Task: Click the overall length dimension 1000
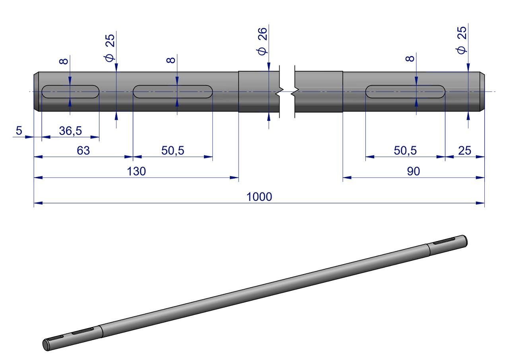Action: pos(259,197)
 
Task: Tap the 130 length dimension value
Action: pos(136,171)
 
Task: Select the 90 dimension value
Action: pos(414,171)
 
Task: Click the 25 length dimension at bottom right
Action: pos(464,151)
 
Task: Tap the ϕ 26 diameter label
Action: pos(262,40)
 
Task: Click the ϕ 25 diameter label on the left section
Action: pos(110,47)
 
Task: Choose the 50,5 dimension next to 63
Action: pos(173,151)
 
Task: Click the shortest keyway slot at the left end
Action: pos(70,91)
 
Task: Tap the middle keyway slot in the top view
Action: pos(173,91)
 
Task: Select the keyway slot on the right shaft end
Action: pos(405,91)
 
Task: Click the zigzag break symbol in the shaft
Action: pos(287,92)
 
